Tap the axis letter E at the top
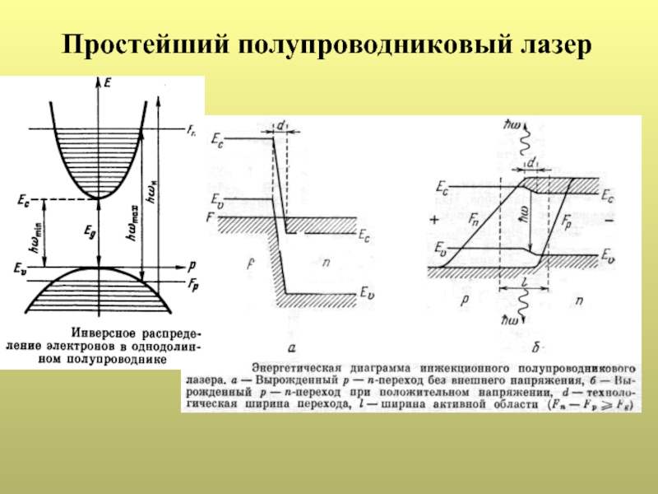[107, 82]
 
